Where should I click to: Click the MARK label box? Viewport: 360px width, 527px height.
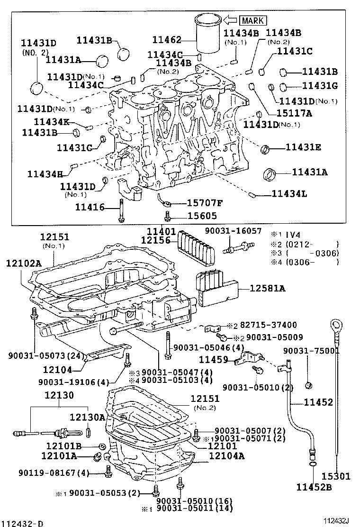click(x=253, y=20)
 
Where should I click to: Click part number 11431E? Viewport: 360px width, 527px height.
click(x=303, y=147)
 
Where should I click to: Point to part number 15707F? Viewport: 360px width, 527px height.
click(x=205, y=203)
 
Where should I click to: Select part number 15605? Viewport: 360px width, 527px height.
click(x=201, y=216)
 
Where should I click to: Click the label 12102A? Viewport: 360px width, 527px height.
click(x=24, y=262)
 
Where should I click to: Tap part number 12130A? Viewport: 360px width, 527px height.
click(x=88, y=417)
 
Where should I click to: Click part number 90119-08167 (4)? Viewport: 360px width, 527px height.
click(x=54, y=472)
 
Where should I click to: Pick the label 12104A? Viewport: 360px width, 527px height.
click(x=227, y=456)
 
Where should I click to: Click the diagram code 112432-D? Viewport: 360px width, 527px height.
click(x=21, y=523)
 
